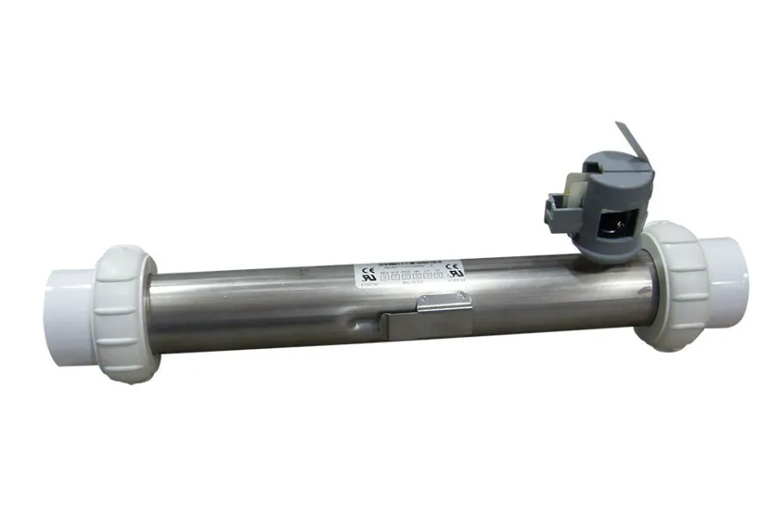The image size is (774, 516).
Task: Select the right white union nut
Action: pos(675,285)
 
